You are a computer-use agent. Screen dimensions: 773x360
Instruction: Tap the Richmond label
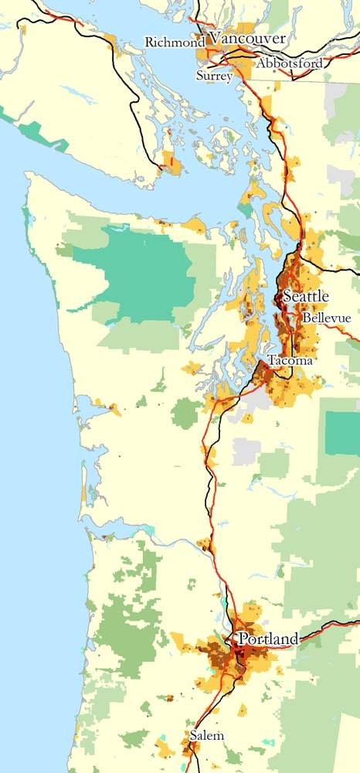coord(175,43)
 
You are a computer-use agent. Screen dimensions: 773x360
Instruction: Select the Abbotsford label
coord(290,63)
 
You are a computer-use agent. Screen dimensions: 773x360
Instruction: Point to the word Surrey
coord(213,76)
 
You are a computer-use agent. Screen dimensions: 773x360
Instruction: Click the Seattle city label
coord(306,296)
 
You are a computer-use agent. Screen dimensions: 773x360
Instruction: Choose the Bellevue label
coord(327,318)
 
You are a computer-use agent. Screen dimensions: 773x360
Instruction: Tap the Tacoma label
coord(290,360)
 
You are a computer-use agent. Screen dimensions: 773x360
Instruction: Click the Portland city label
coord(268,639)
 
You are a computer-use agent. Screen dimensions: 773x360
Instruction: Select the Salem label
coord(208,736)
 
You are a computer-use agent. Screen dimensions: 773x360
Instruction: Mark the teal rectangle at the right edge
coord(342,433)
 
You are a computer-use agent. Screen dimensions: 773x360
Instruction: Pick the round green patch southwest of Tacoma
coord(185,413)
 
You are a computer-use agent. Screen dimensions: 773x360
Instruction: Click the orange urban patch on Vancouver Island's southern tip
coord(170,162)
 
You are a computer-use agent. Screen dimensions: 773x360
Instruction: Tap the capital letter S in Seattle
coord(287,296)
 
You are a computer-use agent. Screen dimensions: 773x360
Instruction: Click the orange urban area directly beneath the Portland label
coord(239,661)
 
